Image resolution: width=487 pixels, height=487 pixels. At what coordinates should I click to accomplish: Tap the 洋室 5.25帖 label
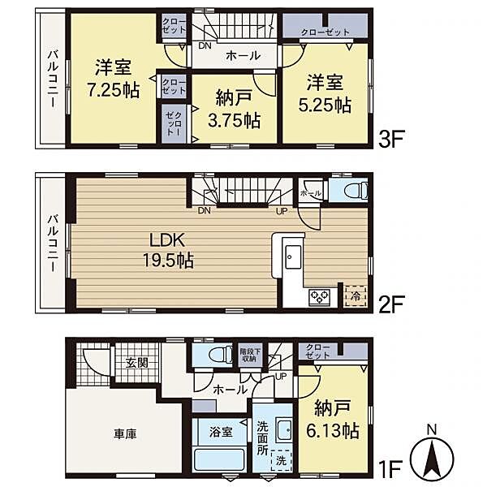(328, 93)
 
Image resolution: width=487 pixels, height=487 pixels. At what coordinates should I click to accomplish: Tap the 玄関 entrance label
(136, 362)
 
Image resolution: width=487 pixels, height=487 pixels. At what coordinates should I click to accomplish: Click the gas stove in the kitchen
(317, 297)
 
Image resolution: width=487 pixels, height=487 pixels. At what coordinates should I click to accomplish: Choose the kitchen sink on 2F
(291, 259)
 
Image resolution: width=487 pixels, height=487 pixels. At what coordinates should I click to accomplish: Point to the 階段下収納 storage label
(248, 354)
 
